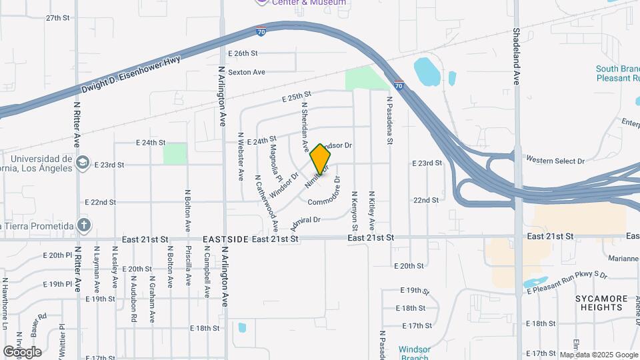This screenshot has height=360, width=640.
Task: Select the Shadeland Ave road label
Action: coord(516,56)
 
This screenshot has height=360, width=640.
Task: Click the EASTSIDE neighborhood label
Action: coord(225,238)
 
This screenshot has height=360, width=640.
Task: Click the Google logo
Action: coord(22,351)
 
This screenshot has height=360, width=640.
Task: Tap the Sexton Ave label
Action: coord(247,72)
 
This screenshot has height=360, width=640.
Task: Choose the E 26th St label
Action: coord(242,53)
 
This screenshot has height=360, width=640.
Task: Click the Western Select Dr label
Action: coord(555,161)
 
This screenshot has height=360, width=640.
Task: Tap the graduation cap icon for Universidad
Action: coord(82,163)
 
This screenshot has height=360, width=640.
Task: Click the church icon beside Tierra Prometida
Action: coord(83,225)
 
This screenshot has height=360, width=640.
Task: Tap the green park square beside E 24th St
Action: coord(175,153)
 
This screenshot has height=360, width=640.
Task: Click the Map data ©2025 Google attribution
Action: coord(599,355)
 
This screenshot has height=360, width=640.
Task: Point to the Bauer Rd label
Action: coord(37,321)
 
